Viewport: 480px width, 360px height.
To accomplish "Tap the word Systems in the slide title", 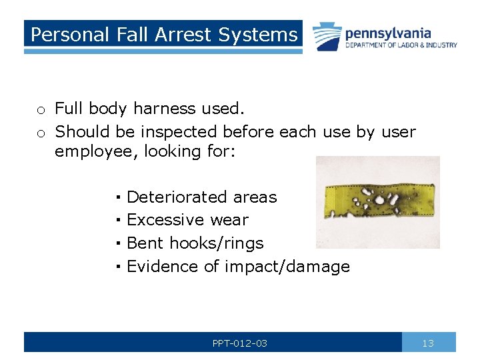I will pos(262,35).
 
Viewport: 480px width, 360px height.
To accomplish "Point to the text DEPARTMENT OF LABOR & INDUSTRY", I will pos(401,45).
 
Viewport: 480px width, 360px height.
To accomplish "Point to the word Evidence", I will pos(163,267).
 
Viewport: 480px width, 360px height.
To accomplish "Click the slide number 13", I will pos(428,343).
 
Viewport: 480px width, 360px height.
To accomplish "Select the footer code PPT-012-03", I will pos(240,343).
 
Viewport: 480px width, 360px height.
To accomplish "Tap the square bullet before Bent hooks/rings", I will pos(117,243).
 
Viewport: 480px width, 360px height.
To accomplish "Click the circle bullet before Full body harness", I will pos(41,110).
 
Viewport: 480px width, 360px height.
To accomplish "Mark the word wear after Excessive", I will pos(229,220).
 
